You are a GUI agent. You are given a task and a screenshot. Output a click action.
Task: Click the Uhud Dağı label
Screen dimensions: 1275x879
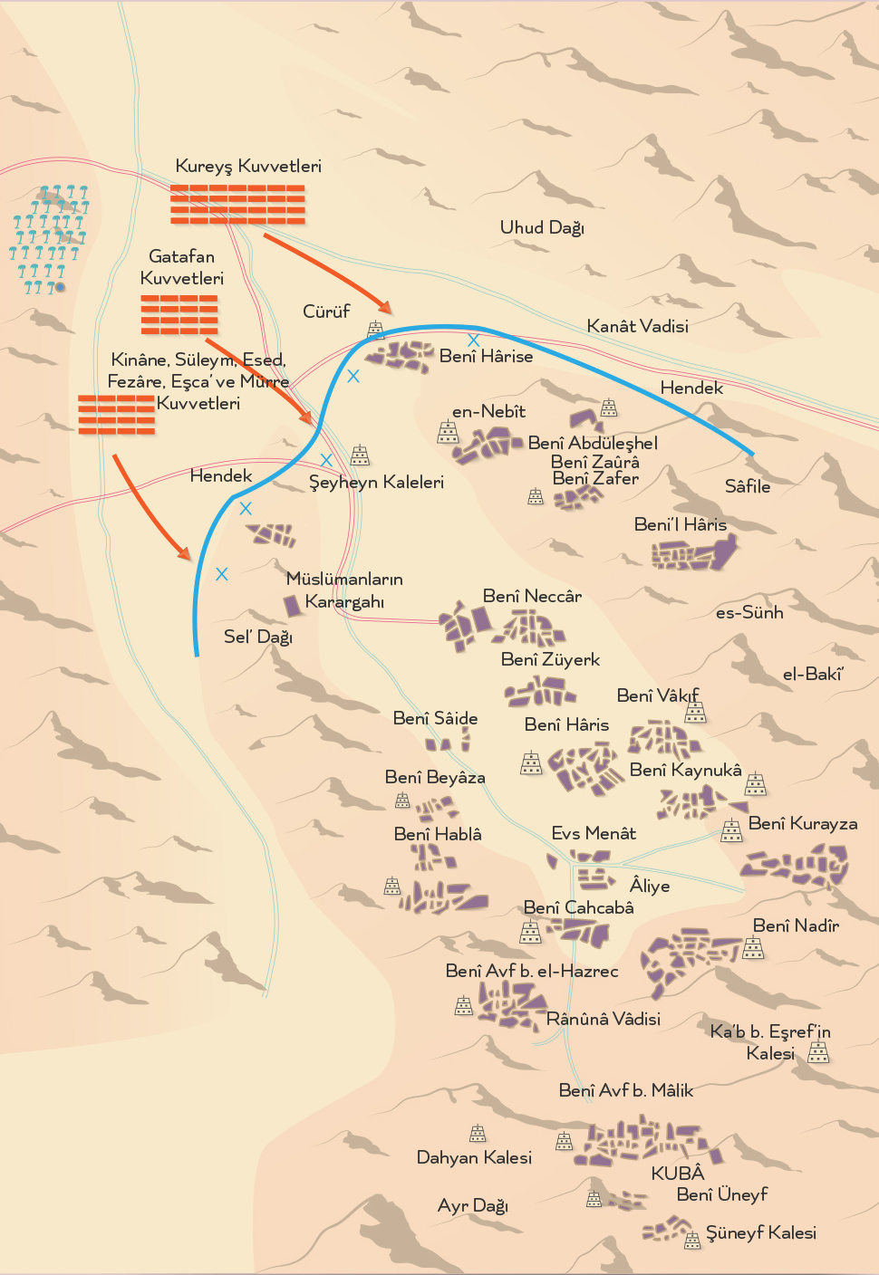pos(542,227)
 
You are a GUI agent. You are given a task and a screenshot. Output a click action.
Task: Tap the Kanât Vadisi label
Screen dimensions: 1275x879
pos(637,326)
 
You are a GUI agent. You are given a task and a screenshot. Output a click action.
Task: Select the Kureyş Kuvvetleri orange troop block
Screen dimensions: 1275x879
pos(237,204)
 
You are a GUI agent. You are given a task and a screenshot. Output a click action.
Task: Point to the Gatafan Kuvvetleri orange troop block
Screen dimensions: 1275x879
pos(179,313)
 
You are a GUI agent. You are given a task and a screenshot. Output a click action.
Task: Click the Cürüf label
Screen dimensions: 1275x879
pos(326,312)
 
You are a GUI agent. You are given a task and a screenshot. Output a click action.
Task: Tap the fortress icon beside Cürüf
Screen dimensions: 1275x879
pos(375,331)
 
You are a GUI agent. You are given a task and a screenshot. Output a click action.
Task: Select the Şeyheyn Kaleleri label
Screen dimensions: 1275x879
pos(376,482)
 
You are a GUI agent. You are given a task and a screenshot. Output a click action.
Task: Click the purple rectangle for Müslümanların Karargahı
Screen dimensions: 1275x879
pos(292,605)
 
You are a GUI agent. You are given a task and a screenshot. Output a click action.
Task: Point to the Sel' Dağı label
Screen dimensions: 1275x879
pos(258,637)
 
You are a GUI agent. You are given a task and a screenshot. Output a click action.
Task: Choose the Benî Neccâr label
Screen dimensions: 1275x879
pos(532,596)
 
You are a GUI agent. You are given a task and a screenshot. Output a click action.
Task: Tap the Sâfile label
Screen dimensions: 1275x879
pos(748,486)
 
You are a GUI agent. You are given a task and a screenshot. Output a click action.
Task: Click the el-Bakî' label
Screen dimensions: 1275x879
pos(813,674)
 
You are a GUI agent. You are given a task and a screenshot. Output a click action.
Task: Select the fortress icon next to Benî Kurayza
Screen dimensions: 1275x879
pos(731,830)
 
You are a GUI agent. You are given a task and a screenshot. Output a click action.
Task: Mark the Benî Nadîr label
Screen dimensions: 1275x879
pos(796,925)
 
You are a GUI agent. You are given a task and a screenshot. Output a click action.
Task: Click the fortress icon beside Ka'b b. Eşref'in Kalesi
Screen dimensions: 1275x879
pos(818,1051)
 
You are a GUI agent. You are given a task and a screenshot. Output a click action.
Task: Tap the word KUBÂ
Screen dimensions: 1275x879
pos(677,1174)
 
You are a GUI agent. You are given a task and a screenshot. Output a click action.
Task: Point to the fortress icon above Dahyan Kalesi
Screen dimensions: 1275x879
pos(478,1133)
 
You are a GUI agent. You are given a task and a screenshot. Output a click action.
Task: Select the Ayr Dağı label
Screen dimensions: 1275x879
pos(472,1206)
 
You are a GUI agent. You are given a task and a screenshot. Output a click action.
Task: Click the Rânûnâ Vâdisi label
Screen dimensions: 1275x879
pos(604,1019)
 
